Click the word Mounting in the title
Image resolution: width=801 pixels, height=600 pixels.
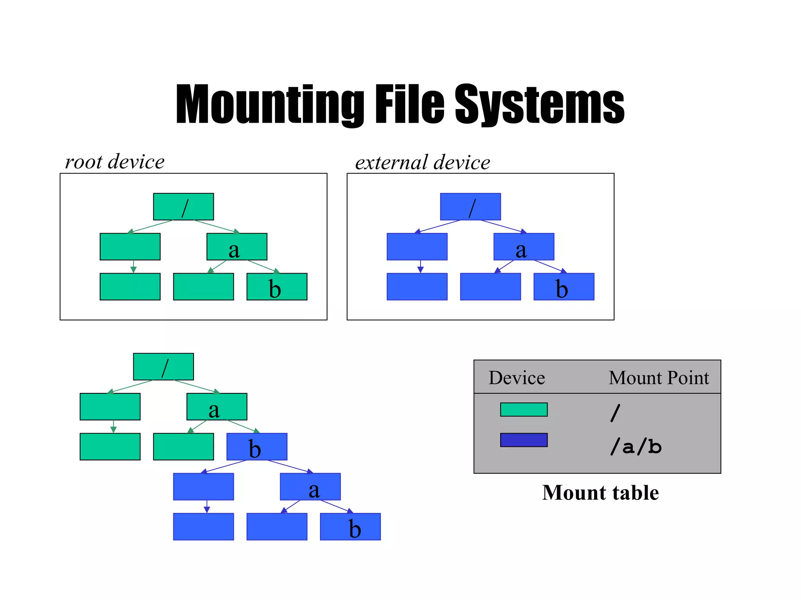(270, 105)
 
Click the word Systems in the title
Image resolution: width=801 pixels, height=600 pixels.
(539, 105)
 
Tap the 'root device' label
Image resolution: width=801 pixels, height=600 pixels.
(115, 162)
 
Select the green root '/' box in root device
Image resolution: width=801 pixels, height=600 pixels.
(183, 207)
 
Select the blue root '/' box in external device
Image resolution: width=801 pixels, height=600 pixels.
(471, 207)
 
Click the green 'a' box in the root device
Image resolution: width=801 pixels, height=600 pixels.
(237, 247)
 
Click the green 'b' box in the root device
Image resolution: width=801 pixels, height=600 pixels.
(277, 287)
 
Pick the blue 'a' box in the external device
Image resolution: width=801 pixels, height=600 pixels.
(524, 247)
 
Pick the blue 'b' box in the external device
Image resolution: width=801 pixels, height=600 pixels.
(564, 287)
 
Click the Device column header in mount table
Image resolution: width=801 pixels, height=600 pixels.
(517, 378)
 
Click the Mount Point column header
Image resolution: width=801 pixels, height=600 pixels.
(659, 378)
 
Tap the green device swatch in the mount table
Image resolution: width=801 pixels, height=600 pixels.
(524, 409)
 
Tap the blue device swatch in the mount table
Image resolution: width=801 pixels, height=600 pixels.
(524, 440)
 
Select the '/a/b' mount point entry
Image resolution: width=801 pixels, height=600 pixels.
(636, 446)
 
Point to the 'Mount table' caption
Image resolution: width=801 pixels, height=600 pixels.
(600, 493)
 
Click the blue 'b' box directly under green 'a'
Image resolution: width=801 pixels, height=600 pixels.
(257, 447)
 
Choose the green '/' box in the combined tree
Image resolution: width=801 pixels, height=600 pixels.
(163, 367)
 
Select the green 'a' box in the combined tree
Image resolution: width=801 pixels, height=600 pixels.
(217, 407)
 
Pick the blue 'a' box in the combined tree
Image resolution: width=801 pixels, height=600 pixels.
(310, 487)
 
